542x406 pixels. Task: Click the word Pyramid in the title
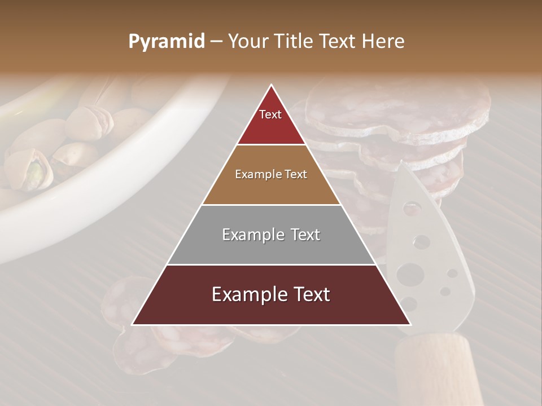[167, 42]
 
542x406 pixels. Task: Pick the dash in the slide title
[216, 42]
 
